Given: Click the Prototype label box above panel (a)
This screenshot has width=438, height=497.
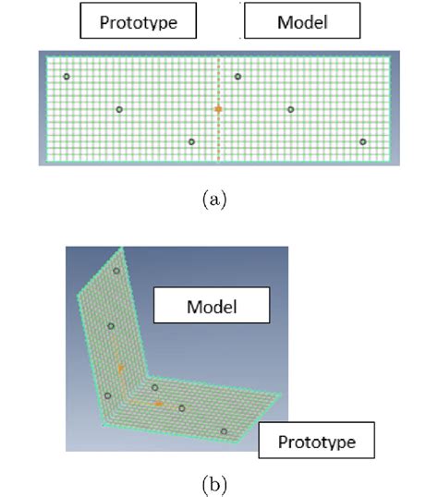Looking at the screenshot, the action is pyautogui.click(x=139, y=20).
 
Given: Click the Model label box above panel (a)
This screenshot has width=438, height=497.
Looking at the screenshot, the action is pyautogui.click(x=302, y=20).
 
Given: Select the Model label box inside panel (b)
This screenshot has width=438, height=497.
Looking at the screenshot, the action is pyautogui.click(x=212, y=305).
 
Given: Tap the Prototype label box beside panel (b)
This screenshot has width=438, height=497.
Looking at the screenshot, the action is pyautogui.click(x=317, y=440).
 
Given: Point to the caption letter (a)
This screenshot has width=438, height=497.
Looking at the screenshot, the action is pyautogui.click(x=214, y=200).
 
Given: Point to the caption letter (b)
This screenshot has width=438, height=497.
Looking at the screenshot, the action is pyautogui.click(x=214, y=485).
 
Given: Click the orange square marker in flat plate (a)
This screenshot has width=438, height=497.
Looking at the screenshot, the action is pyautogui.click(x=218, y=109).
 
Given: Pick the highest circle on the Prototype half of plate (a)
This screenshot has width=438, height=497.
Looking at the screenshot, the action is pyautogui.click(x=67, y=77).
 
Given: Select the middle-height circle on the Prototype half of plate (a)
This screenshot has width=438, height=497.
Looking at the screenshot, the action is pyautogui.click(x=119, y=109).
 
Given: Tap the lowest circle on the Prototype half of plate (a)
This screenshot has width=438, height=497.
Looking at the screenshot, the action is pyautogui.click(x=191, y=141).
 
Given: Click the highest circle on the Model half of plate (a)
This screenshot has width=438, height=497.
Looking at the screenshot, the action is pyautogui.click(x=237, y=77).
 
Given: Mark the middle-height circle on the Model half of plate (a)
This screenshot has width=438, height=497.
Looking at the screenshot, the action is pyautogui.click(x=290, y=109).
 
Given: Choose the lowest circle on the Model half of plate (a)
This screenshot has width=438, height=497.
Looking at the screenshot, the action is pyautogui.click(x=363, y=141).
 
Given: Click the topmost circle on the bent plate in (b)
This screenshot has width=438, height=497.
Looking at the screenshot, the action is pyautogui.click(x=116, y=271).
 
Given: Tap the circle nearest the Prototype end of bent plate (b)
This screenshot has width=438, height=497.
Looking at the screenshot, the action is pyautogui.click(x=224, y=431).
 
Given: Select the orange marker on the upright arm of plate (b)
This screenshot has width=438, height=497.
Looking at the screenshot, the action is pyautogui.click(x=120, y=369).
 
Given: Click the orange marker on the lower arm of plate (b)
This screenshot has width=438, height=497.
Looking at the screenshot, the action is pyautogui.click(x=159, y=404).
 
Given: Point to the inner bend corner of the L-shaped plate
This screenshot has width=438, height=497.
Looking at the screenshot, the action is pyautogui.click(x=148, y=376).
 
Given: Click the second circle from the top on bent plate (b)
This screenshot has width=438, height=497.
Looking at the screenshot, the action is pyautogui.click(x=111, y=326).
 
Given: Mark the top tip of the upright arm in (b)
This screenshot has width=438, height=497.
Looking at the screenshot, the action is pyautogui.click(x=122, y=248).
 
